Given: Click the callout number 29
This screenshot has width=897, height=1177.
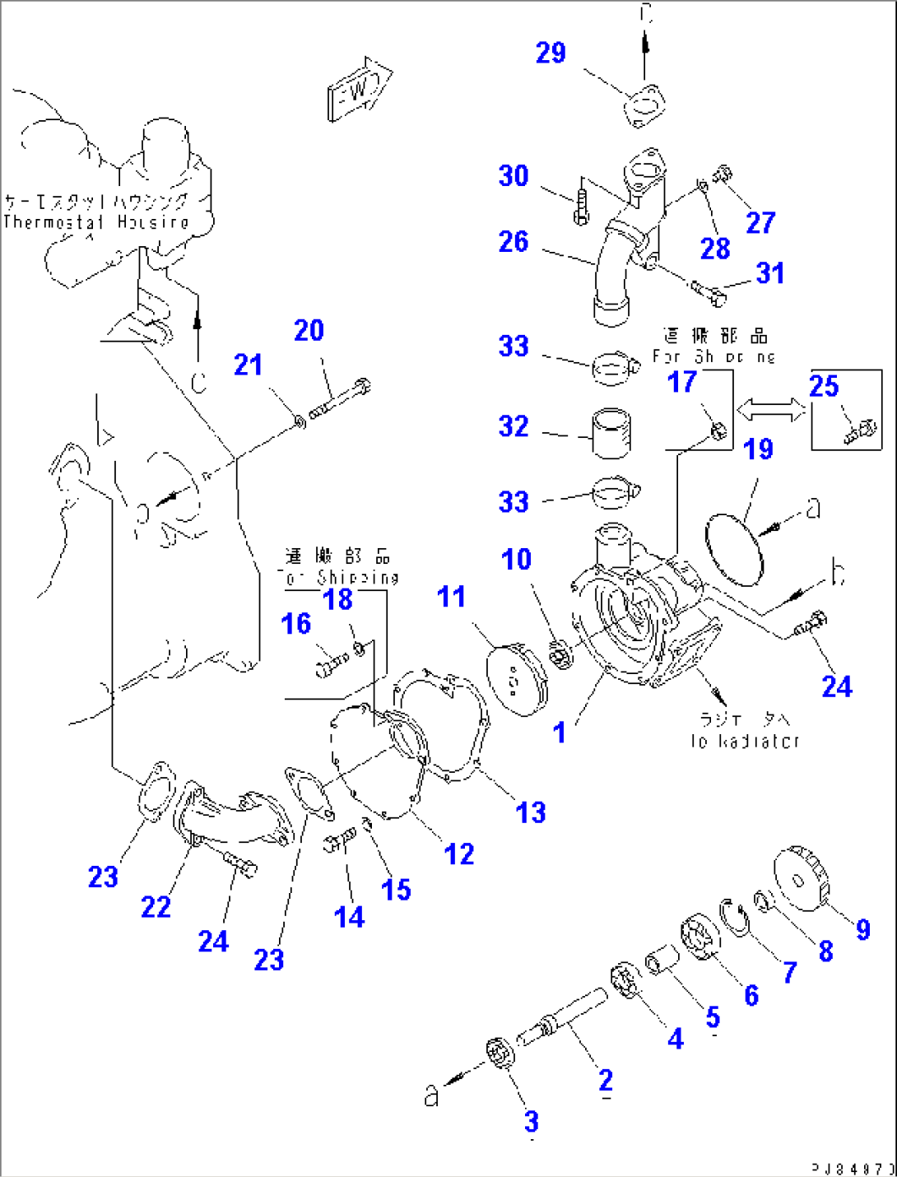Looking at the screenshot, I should pos(551,53).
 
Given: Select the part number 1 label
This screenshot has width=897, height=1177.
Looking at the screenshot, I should pos(560,732).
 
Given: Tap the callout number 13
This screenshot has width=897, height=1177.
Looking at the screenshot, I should pos(531,812).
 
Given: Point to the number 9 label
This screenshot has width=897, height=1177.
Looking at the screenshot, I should pos(862,929).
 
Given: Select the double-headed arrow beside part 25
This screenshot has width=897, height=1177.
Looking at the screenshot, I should pos(771,409).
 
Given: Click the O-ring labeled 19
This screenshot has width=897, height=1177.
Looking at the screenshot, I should pos(734,549).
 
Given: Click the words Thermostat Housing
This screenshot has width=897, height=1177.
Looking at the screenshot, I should pos(96,222).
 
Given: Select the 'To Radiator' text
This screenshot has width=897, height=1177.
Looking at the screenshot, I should pos(745,741).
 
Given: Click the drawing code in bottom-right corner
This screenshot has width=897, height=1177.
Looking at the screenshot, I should pos(853,1168).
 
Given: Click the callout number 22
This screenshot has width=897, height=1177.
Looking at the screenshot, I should pos(156,907).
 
